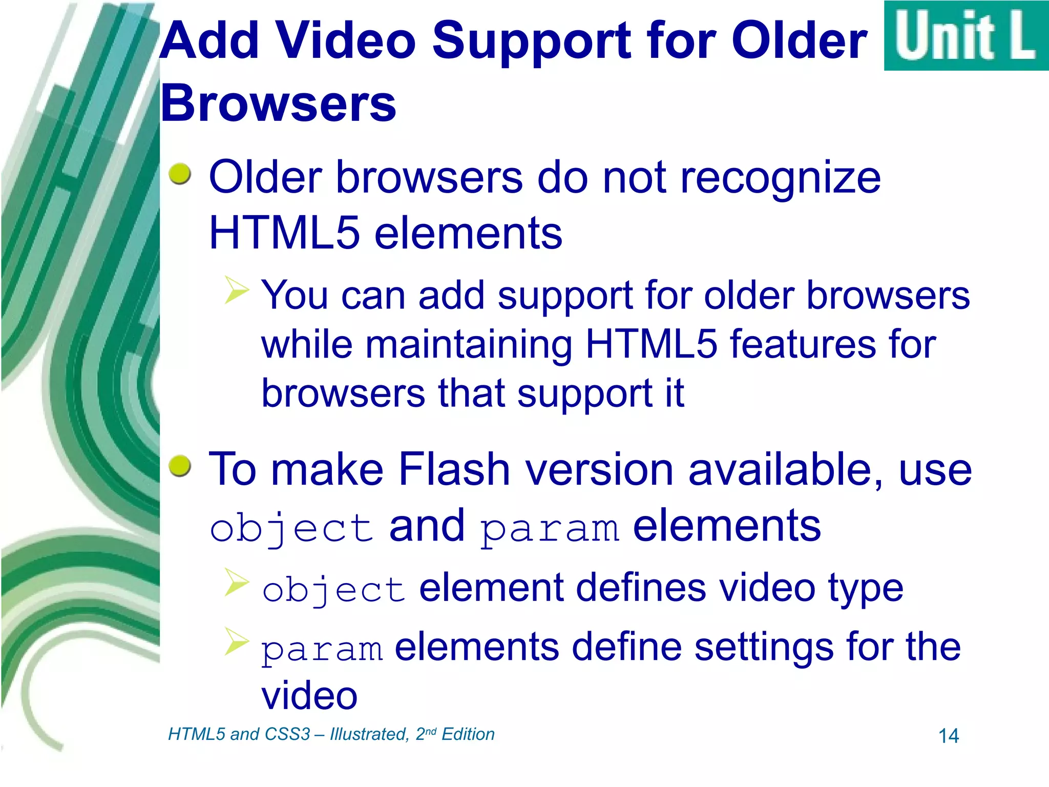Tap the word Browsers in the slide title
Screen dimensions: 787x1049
(x=279, y=103)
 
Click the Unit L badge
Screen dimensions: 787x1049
(x=966, y=36)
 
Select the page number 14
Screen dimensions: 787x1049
(x=948, y=736)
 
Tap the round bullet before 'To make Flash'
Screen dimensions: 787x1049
(x=180, y=466)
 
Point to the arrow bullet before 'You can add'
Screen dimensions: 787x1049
(x=237, y=290)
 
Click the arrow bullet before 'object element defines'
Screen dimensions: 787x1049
(x=237, y=583)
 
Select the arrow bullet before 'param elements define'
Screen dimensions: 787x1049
(x=237, y=641)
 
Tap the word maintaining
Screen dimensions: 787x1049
(x=468, y=345)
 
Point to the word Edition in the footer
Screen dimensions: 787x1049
(x=468, y=734)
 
